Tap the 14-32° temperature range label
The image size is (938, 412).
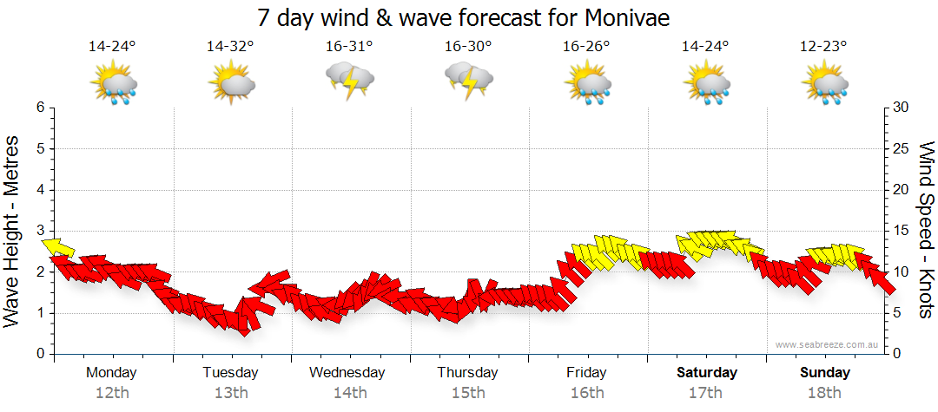pos(230,47)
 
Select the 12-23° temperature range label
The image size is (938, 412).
pos(823,47)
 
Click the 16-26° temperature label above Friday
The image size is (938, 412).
pos(586,47)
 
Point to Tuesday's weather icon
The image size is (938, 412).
pos(230,85)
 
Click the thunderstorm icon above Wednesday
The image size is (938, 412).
pos(349,82)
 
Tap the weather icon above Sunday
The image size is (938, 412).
pos(823,85)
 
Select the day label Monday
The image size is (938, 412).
pos(111,372)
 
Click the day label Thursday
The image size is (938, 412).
pos(467,372)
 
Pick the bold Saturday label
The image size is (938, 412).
pos(706,372)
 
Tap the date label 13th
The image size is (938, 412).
pos(230,393)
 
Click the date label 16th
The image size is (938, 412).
pos(586,393)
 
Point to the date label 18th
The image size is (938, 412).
pos(823,393)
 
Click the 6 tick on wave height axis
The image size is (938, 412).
pos(39,108)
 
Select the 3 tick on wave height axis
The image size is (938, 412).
pos(39,231)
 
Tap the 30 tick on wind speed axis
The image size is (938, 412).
pos(901,108)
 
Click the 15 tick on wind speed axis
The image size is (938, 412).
pos(901,231)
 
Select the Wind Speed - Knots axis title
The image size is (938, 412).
pos(926,230)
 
